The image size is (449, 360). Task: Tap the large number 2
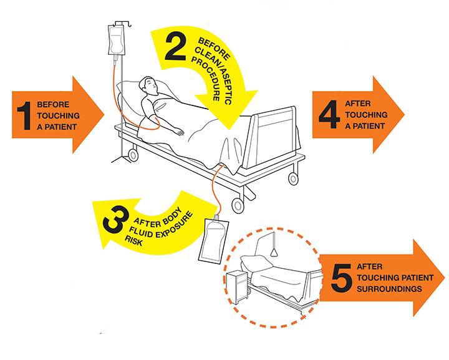pyautogui.click(x=175, y=48)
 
